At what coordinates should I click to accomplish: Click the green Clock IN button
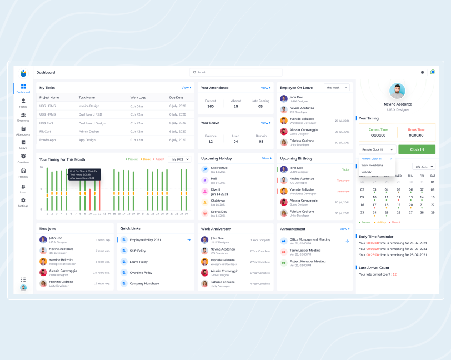pyautogui.click(x=417, y=149)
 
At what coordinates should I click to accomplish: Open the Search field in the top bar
pyautogui.click(x=236, y=72)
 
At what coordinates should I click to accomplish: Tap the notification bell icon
pyautogui.click(x=422, y=72)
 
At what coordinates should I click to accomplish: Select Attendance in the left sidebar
pyautogui.click(x=23, y=131)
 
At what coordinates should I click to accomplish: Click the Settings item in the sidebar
pyautogui.click(x=23, y=202)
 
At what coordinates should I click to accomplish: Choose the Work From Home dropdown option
pyautogui.click(x=372, y=165)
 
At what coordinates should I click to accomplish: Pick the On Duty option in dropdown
pyautogui.click(x=367, y=172)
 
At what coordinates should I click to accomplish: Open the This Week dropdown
pyautogui.click(x=337, y=87)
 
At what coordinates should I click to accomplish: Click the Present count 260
pyautogui.click(x=211, y=106)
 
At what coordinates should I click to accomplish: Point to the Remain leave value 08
pyautogui.click(x=260, y=142)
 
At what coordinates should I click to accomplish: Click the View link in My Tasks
pyautogui.click(x=186, y=88)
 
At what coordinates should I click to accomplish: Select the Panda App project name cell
pyautogui.click(x=48, y=140)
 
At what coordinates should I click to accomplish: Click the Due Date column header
pyautogui.click(x=176, y=97)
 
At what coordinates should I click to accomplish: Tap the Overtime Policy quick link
pyautogui.click(x=141, y=273)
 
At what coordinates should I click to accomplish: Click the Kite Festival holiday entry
pyautogui.click(x=219, y=168)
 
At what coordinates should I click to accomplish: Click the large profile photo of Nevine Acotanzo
pyautogui.click(x=397, y=91)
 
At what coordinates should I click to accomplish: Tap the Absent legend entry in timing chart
pyautogui.click(x=159, y=159)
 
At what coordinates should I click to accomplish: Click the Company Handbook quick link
pyautogui.click(x=144, y=283)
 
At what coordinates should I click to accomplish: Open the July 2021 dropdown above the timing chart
pyautogui.click(x=180, y=159)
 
